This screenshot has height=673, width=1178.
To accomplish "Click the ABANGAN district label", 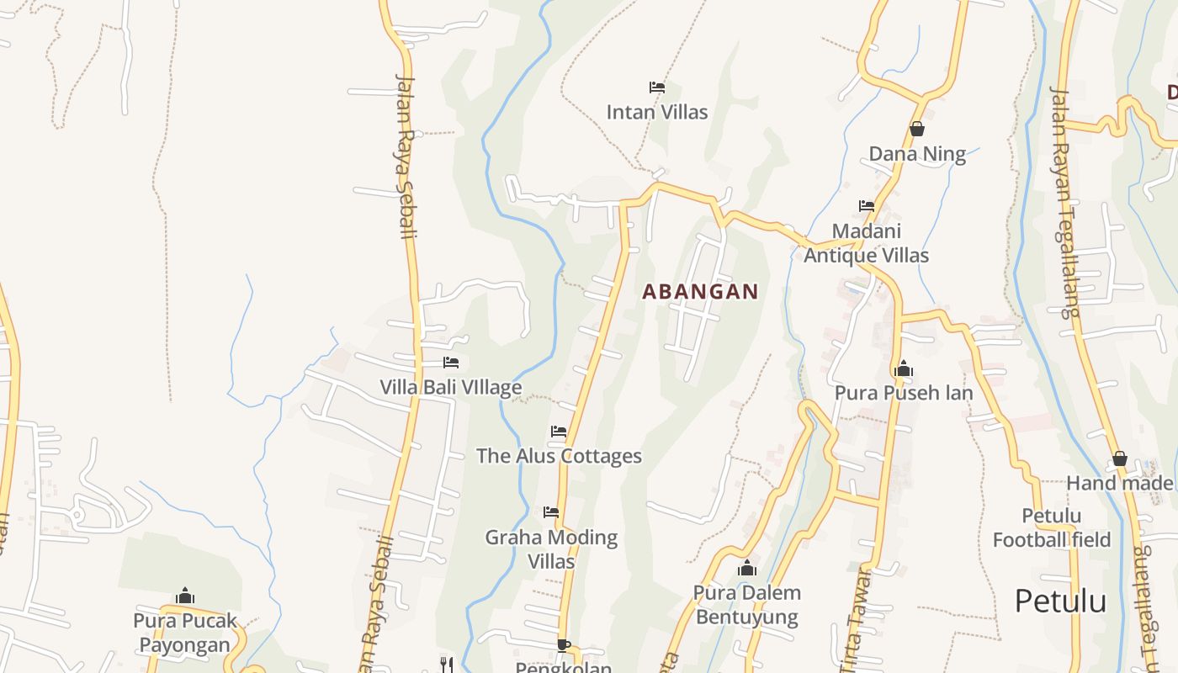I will coord(700,292).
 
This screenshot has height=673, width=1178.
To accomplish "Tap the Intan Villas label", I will coord(657,112).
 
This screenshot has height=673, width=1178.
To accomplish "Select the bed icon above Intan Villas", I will coord(657,87).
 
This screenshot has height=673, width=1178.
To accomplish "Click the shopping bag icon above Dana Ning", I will coord(917,129).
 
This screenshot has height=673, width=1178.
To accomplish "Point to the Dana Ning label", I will coord(917,154).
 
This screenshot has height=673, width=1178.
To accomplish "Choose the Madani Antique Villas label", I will coord(866,243).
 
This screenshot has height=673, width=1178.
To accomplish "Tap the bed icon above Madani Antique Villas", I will coord(866,205).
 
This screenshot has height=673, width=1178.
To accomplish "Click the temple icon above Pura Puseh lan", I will coord(904,368).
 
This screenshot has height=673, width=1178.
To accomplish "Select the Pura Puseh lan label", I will coord(904,393).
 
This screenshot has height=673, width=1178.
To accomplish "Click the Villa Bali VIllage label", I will coord(451,387).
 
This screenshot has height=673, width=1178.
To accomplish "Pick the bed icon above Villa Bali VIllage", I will coord(451,363).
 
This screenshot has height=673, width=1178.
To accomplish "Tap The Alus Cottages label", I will coord(559,456).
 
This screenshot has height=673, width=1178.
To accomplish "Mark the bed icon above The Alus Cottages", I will coord(559,432).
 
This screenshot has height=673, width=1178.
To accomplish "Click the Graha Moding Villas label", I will coord(551,548).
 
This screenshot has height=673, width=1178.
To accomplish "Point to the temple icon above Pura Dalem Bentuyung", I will coord(746,568).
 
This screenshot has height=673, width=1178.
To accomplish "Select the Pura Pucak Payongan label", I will coord(184,633).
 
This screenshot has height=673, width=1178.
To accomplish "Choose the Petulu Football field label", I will coord(1052,527).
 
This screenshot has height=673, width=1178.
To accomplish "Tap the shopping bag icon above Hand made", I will coord(1119,458).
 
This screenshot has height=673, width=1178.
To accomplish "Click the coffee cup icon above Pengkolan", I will coord(563,645).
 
